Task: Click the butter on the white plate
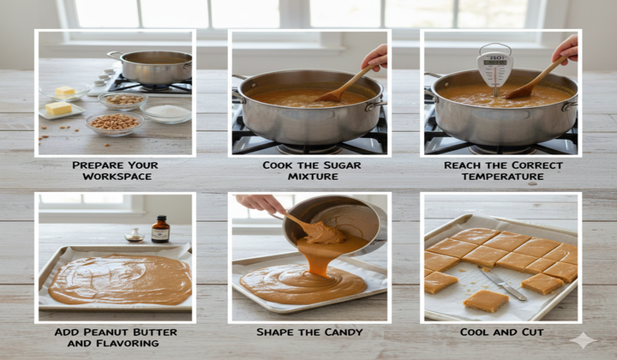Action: point(58,109)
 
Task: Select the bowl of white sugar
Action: point(166,112)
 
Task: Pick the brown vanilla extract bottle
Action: point(160,230)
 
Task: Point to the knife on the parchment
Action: point(502,283)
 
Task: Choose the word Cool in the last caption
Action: point(476,332)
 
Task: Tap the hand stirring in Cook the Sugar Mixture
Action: point(375,57)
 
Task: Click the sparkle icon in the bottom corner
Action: point(583,339)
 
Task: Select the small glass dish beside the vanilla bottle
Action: point(134,235)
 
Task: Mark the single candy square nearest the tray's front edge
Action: point(486,301)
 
